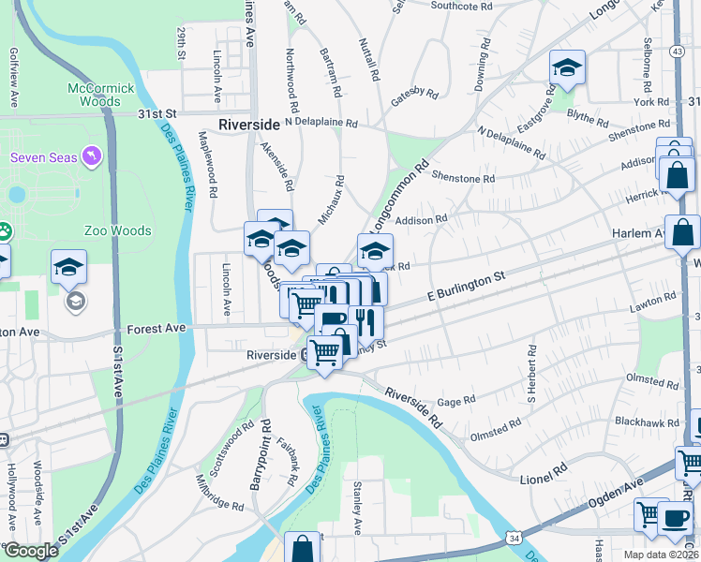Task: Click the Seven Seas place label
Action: click(42, 156)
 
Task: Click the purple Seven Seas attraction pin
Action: click(91, 155)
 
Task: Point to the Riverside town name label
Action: click(249, 125)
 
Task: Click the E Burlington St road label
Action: click(465, 284)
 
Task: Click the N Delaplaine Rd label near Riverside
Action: click(321, 123)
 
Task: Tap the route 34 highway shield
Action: click(514, 537)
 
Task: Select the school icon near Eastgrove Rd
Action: click(567, 68)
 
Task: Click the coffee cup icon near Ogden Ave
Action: click(674, 518)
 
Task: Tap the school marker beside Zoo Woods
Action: click(69, 268)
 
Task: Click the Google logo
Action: click(30, 551)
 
